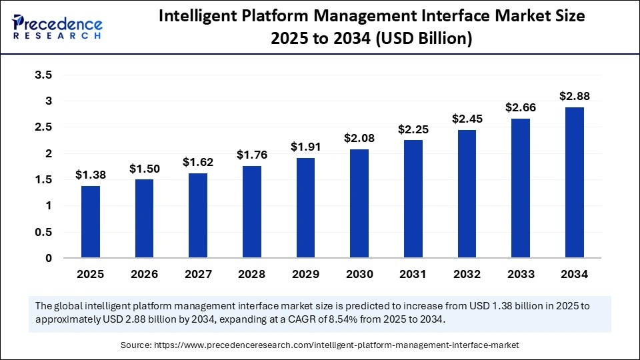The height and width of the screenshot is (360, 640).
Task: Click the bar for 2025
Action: pyautogui.click(x=91, y=222)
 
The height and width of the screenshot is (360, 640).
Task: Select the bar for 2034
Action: pyautogui.click(x=575, y=183)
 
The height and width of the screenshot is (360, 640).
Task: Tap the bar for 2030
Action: pyautogui.click(x=359, y=203)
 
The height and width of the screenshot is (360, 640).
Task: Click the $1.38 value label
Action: pyautogui.click(x=91, y=175)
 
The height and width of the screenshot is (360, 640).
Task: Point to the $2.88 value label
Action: pyautogui.click(x=575, y=96)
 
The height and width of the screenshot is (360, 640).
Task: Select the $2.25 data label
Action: pyautogui.click(x=413, y=129)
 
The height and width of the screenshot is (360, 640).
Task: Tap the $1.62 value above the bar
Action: pyautogui.click(x=198, y=162)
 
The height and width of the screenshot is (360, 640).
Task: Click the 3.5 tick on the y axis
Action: pyautogui.click(x=43, y=75)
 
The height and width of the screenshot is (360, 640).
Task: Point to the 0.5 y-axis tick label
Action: pyautogui.click(x=43, y=232)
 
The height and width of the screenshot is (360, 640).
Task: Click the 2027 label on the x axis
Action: pyautogui.click(x=198, y=274)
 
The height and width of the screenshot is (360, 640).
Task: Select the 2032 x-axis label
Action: pyautogui.click(x=467, y=274)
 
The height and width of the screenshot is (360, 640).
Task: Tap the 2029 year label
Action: pyautogui.click(x=305, y=274)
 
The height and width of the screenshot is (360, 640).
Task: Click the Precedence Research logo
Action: pyautogui.click(x=57, y=27)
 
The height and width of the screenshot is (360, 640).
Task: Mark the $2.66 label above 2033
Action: pyautogui.click(x=521, y=107)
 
